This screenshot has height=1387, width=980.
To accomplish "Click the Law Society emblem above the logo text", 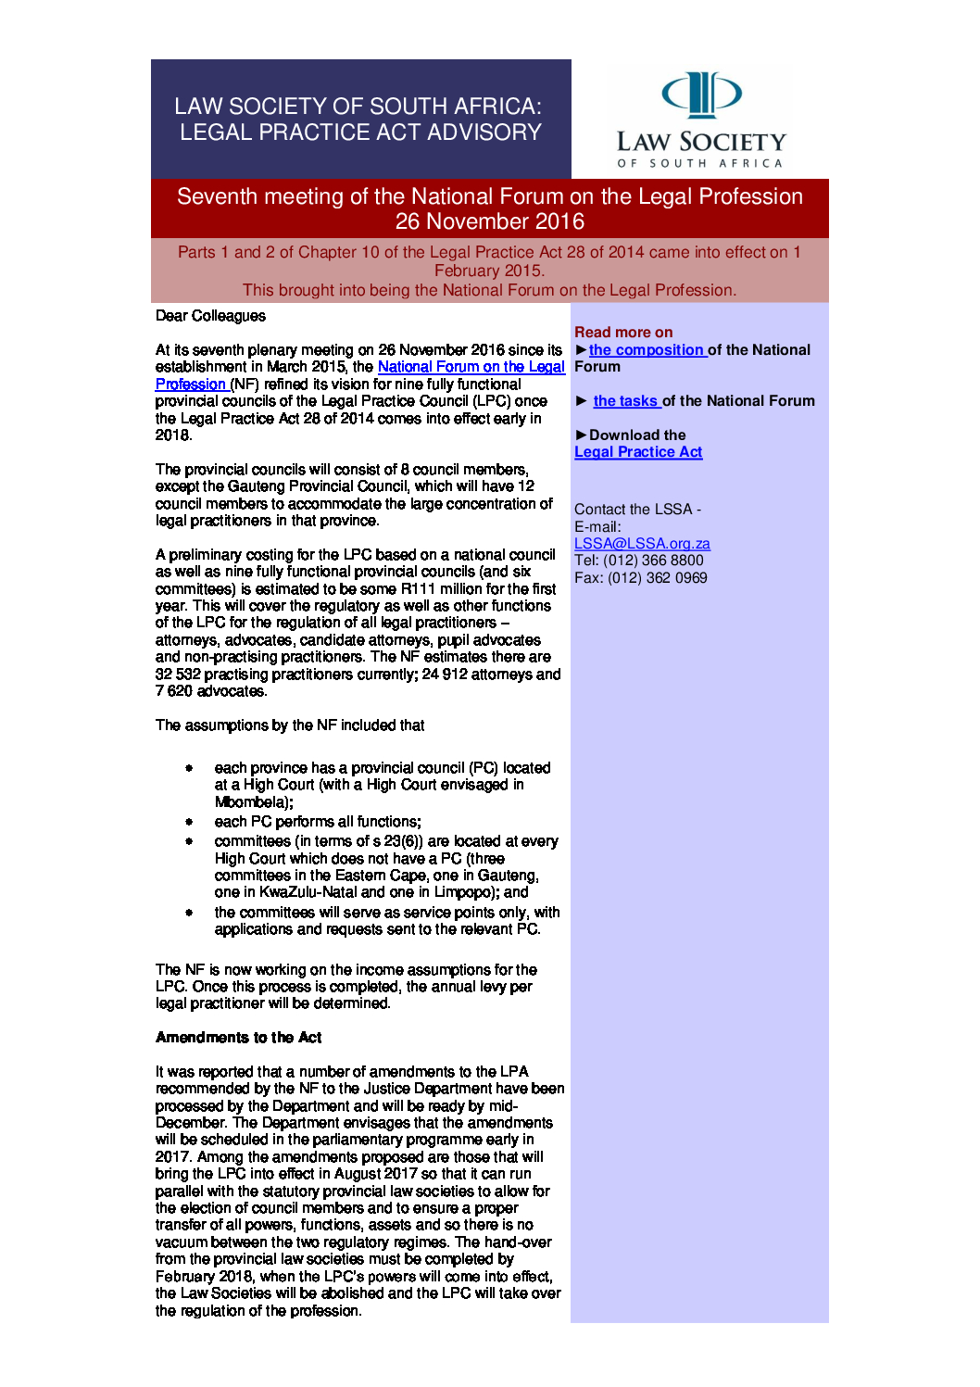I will tap(701, 94).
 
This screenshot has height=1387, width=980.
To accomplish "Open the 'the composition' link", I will tap(647, 350).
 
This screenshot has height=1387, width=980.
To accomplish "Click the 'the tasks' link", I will tap(625, 401).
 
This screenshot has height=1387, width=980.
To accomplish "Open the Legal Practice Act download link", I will tap(638, 452).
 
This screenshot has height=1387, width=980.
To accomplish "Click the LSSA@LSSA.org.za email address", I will tap(642, 544).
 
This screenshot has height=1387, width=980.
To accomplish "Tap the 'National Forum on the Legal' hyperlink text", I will tap(471, 367).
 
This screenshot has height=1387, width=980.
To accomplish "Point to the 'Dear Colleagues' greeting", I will tap(210, 316).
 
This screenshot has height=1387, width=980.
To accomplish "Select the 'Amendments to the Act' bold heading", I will tap(238, 1038).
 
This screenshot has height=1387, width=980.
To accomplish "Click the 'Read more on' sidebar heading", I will tap(623, 333).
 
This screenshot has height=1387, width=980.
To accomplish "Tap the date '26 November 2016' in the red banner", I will tap(489, 221).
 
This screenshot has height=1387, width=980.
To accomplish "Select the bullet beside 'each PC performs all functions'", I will tap(189, 822).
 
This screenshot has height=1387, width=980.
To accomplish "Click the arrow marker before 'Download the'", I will tap(581, 435).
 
